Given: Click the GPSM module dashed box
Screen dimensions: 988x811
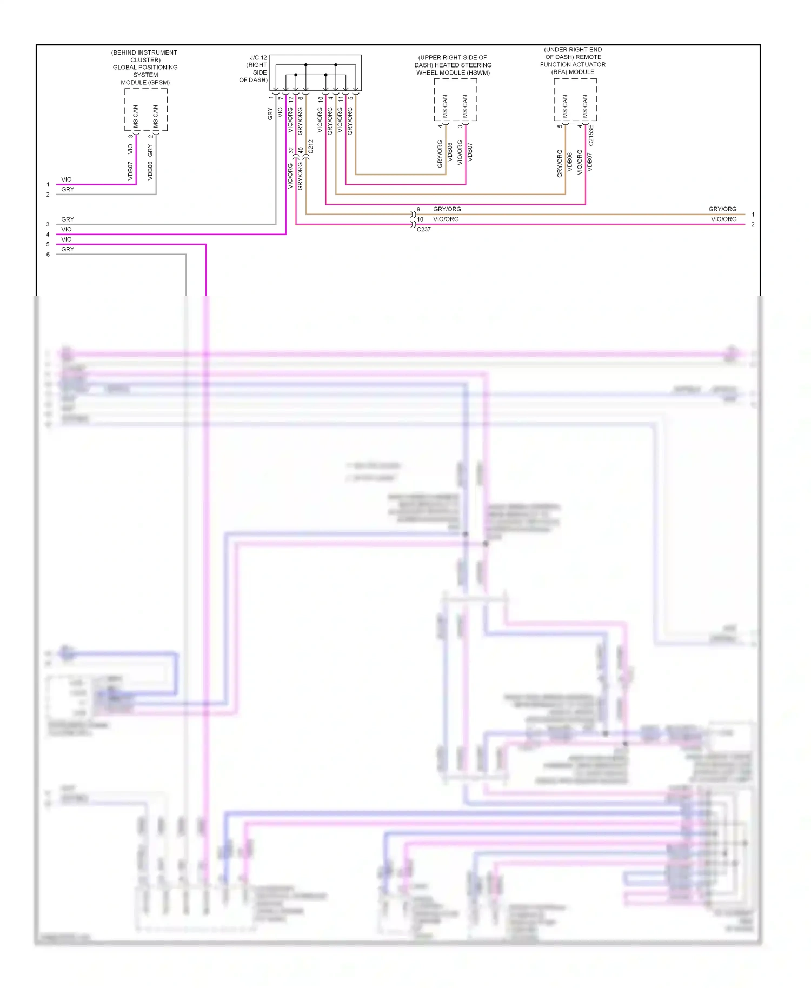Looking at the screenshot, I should coord(146,110).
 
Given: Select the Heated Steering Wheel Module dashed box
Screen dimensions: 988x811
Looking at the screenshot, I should coord(455,100).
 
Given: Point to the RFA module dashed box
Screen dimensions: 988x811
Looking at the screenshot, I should coord(575,100).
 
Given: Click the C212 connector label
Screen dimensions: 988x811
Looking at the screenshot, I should coord(311,146).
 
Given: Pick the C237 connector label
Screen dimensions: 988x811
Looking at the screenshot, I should coord(423,230).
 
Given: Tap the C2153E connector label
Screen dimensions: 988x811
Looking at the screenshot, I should coord(591,135).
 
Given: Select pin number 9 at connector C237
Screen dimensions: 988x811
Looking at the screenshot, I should coord(418,209).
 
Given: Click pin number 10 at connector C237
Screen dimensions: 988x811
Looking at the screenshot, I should coord(420,219).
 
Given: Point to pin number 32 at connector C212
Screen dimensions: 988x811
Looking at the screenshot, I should coord(291,150).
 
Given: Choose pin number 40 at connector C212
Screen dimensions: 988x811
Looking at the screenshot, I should coord(301,150).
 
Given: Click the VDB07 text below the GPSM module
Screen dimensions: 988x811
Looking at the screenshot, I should coord(130,171).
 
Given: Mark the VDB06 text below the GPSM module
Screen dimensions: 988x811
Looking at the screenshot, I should coord(150,171).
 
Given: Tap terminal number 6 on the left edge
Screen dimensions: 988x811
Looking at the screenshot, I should coord(48,255).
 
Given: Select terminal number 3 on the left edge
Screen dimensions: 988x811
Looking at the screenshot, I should coord(48,224).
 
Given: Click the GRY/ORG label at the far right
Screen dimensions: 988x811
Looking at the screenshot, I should coord(722,209).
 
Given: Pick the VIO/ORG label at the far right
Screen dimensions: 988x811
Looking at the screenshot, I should coord(723,219).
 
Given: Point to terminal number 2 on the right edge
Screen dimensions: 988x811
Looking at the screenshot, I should coord(753,224).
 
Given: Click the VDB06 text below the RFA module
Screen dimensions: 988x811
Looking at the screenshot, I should coord(569,162).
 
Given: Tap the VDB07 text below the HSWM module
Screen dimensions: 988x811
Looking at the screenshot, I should coord(470,152).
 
